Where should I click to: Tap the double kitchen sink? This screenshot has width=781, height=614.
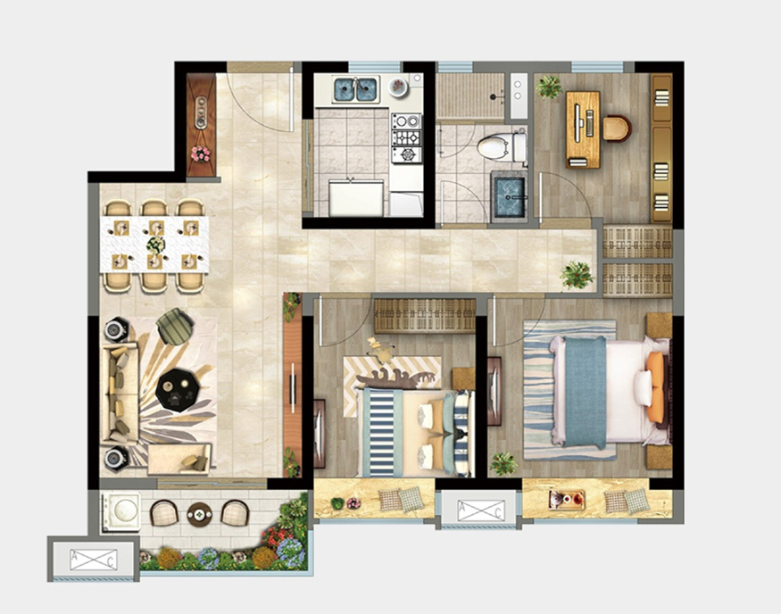tap(355, 89)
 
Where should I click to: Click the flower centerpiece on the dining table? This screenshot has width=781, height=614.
tap(155, 244)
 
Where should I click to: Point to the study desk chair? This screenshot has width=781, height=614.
tap(617, 128)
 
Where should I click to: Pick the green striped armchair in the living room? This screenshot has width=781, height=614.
tap(175, 326)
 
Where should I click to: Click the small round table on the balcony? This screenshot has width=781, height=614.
tap(199, 513)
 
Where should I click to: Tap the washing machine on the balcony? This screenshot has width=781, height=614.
tap(121, 511)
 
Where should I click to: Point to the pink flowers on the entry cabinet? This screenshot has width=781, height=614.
tap(200, 153)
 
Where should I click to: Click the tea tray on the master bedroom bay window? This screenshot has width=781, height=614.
tap(567, 500)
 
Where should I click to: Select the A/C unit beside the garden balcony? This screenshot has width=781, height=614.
tap(94, 560)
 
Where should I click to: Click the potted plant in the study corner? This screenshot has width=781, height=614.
tap(549, 87)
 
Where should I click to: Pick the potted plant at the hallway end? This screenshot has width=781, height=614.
tap(577, 274)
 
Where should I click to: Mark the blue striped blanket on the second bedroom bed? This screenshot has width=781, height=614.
tap(382, 432)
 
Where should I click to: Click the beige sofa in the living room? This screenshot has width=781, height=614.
tap(120, 394)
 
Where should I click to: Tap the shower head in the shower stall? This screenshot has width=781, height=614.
tap(494, 97)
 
